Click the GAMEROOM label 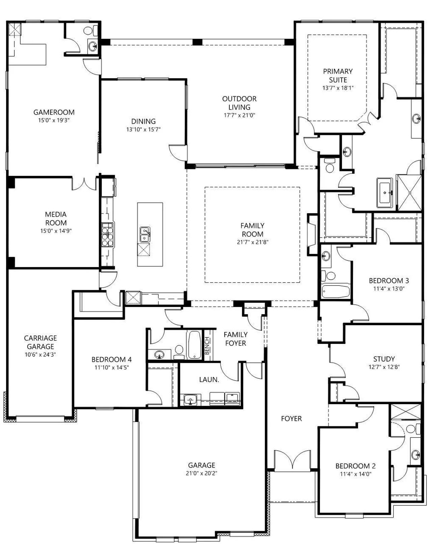[x=54, y=112]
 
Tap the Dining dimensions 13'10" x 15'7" [x=143, y=130]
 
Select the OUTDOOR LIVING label [x=239, y=103]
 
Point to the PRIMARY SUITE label [x=338, y=75]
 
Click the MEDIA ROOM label [x=56, y=218]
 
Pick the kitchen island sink [x=145, y=234]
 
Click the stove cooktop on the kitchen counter [x=107, y=234]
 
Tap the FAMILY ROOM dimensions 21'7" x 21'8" [x=253, y=242]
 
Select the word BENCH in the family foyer [x=207, y=346]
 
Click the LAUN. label [x=209, y=380]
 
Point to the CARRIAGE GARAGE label [x=40, y=342]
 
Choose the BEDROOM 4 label [x=112, y=359]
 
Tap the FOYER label [x=291, y=419]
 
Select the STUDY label [x=384, y=359]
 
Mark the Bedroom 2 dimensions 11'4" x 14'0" [x=356, y=474]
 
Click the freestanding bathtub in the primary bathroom [x=385, y=192]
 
